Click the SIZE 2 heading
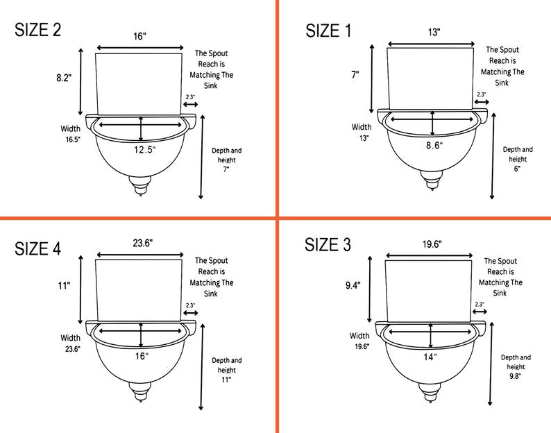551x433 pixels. (38, 30)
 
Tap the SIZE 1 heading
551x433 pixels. (328, 31)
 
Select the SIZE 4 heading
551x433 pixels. (38, 249)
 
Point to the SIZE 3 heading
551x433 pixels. (328, 245)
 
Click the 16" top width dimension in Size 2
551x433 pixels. (139, 36)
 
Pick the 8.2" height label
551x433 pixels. (64, 78)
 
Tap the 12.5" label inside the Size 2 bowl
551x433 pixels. (144, 150)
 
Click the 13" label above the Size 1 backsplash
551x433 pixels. (434, 33)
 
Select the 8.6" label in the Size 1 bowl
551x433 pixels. (434, 145)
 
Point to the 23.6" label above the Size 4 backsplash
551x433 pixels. (143, 243)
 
